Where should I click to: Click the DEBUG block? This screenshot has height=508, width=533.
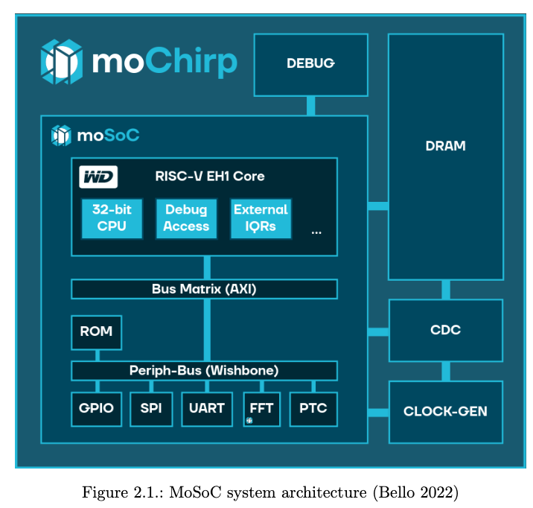310,64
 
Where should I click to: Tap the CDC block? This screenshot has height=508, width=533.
445,330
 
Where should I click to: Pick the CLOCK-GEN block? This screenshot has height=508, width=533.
445,411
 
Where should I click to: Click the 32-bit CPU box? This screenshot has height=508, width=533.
112,218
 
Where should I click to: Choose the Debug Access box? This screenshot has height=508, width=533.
186,218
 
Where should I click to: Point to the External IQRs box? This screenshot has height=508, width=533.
261,218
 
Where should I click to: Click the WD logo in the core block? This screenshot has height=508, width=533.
98,177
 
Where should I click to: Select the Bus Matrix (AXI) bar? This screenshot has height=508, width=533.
204,289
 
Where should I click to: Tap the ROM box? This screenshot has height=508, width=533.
96,332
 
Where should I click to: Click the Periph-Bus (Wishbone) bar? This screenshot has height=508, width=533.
204,370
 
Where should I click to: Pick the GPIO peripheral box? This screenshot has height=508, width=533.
97,409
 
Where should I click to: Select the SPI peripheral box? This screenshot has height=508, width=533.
151,409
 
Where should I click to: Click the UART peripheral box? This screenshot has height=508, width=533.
206,409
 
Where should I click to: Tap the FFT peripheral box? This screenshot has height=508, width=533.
261,409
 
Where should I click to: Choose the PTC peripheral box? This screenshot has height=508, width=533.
313,409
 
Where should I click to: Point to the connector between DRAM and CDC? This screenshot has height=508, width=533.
445,290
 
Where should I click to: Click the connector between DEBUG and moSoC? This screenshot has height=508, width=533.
310,106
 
